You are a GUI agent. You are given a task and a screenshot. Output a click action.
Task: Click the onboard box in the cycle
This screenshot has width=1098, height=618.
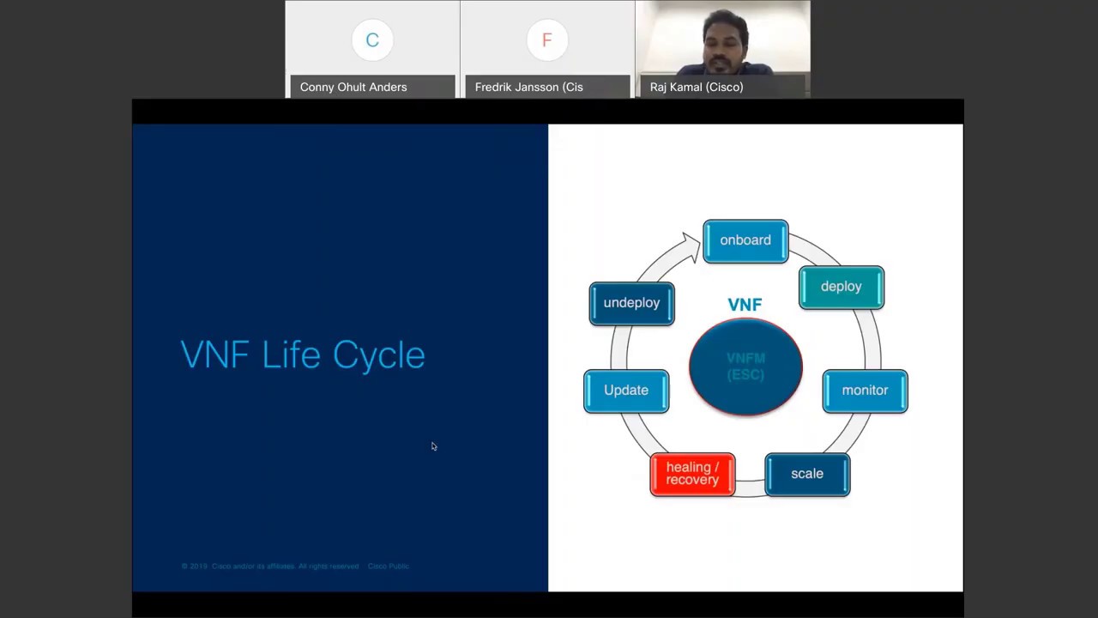click(x=745, y=240)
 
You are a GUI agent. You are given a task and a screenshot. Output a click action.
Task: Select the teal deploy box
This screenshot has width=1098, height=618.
click(x=841, y=287)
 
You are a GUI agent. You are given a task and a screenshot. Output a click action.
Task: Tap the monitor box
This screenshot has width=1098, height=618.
click(x=865, y=391)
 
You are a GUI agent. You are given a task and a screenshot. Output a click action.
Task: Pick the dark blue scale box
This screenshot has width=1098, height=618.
click(x=807, y=474)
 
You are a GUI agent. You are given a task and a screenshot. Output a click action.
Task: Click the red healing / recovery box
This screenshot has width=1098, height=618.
click(x=692, y=474)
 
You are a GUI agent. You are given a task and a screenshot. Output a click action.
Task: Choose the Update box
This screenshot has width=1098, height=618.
click(x=626, y=391)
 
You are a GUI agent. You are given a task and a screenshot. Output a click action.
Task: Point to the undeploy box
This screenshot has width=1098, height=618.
click(x=631, y=303)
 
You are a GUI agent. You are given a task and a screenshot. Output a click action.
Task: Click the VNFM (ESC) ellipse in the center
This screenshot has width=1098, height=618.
click(x=745, y=367)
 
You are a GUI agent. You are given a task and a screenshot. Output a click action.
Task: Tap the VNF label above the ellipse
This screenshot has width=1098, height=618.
click(x=745, y=305)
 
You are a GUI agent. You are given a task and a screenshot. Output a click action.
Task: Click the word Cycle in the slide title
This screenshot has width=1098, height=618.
click(x=378, y=355)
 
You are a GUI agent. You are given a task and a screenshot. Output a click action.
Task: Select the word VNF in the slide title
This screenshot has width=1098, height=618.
click(x=214, y=355)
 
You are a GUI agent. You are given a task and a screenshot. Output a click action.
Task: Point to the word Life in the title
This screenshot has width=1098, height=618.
click(x=291, y=355)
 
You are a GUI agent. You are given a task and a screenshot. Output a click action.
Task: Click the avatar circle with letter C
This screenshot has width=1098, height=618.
click(x=372, y=40)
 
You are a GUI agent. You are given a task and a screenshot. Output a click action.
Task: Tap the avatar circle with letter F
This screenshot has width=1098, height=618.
click(x=547, y=40)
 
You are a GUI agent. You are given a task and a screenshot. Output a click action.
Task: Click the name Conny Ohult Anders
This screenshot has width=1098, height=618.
click(x=353, y=87)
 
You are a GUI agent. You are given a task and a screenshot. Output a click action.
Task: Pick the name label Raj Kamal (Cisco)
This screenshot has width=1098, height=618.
click(x=697, y=87)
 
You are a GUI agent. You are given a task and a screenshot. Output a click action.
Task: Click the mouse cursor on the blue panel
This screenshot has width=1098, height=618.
click(x=434, y=446)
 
